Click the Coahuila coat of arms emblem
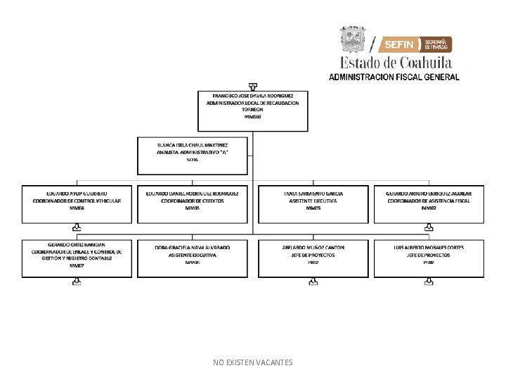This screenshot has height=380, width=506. click(x=353, y=40)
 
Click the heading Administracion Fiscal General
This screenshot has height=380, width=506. click(x=394, y=77)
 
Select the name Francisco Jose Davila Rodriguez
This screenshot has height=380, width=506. click(x=252, y=95)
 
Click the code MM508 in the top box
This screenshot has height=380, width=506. click(x=252, y=117)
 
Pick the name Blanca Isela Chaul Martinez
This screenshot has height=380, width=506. click(x=193, y=144)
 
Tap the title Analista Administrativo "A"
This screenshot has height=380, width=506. click(x=193, y=152)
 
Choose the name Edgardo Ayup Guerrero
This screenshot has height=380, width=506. click(x=77, y=193)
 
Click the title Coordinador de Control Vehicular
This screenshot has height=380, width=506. click(x=77, y=201)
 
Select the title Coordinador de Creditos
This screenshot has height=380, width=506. click(x=193, y=201)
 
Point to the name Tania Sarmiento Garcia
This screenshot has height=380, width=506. click(x=313, y=193)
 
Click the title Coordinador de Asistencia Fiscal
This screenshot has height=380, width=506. click(x=429, y=201)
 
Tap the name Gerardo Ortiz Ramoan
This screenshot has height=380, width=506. click(x=77, y=244)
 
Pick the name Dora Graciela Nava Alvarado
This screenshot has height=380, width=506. click(x=193, y=248)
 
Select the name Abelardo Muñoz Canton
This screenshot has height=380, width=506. click(x=313, y=248)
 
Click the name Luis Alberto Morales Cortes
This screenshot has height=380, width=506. click(x=429, y=248)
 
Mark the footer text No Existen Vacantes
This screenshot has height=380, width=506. click(x=253, y=362)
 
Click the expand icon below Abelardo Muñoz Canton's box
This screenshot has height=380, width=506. click(x=313, y=283)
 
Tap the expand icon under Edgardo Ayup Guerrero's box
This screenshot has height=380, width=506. click(x=77, y=228)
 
